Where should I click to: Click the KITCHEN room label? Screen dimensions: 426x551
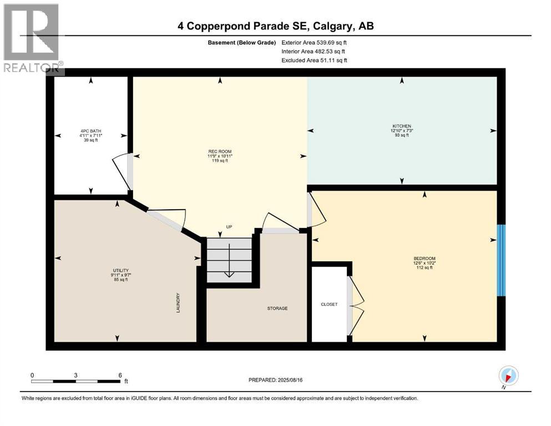402,126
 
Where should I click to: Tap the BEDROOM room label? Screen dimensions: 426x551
424,258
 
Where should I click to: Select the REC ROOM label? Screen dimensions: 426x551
220,151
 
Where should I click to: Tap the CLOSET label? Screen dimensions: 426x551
329,304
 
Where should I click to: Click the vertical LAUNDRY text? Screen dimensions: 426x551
178,303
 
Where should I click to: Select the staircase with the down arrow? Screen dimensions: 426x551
228,260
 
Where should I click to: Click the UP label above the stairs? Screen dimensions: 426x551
228,227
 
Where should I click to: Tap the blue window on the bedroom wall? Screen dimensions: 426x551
501,260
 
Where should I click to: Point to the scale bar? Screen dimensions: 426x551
76,381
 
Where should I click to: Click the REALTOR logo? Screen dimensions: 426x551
32,38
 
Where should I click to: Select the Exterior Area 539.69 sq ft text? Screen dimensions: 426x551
316,42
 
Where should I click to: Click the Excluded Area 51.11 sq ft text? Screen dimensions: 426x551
314,60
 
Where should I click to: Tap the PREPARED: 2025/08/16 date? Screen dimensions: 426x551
275,380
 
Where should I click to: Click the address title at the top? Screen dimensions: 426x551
276,26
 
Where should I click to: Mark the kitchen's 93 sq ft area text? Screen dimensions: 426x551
402,135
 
